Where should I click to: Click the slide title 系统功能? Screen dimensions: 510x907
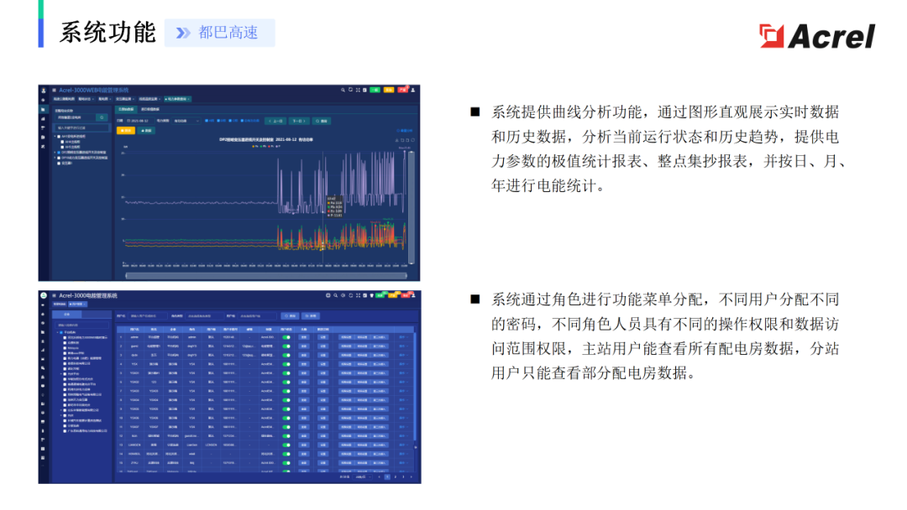coord(107,33)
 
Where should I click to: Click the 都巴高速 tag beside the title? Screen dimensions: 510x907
coord(228,33)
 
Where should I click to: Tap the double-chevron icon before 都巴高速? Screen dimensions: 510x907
coord(183,33)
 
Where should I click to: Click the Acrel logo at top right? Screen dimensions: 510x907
coord(816,35)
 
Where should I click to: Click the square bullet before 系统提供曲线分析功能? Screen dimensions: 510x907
coord(474,112)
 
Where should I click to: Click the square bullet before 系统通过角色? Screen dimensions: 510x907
coord(474,299)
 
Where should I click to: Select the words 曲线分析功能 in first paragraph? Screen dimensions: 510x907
coord(594,112)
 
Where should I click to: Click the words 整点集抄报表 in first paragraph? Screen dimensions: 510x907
coord(705,161)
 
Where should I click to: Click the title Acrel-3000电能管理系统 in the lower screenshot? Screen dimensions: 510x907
coord(88,296)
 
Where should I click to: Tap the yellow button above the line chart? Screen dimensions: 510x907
coord(126,131)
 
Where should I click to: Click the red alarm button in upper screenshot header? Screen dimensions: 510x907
coord(401,89)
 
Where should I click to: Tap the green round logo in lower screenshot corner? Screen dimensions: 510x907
coord(45,296)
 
